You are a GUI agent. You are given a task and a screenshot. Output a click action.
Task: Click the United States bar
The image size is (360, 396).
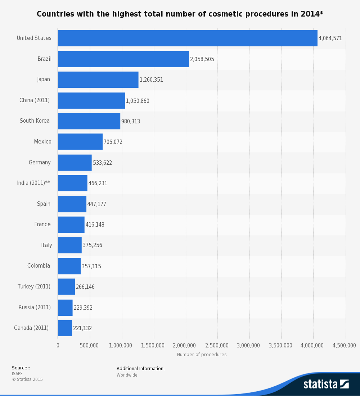pyautogui.click(x=188, y=38)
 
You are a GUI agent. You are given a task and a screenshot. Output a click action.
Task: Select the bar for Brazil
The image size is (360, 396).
pyautogui.click(x=123, y=59)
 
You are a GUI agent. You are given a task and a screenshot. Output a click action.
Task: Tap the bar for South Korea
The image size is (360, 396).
pyautogui.click(x=89, y=121)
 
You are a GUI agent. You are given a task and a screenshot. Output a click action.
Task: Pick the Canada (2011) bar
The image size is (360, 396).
pyautogui.click(x=65, y=328)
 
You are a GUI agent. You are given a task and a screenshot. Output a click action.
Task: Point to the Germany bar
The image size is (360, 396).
pyautogui.click(x=75, y=163)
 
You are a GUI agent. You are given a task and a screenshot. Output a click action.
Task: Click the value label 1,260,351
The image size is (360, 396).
pyautogui.click(x=151, y=80)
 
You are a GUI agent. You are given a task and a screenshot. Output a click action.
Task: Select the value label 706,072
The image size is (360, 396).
pyautogui.click(x=113, y=142)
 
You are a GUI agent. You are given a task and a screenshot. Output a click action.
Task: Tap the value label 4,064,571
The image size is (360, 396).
pyautogui.click(x=330, y=38)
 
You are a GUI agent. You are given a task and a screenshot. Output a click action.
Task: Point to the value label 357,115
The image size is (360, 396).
pyautogui.click(x=91, y=267)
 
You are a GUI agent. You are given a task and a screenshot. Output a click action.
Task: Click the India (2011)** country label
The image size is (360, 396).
pyautogui.click(x=33, y=183)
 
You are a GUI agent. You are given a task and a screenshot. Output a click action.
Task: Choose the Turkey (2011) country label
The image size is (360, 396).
pyautogui.click(x=34, y=287)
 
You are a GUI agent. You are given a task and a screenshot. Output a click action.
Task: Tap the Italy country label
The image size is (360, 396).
pyautogui.click(x=46, y=245)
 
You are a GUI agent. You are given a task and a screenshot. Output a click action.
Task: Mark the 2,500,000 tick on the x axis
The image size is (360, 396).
pyautogui.click(x=218, y=346)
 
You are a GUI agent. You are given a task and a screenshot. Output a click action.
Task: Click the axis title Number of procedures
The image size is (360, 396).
pyautogui.click(x=202, y=355)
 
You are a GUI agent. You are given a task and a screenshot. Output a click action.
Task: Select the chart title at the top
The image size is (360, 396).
pyautogui.click(x=180, y=14)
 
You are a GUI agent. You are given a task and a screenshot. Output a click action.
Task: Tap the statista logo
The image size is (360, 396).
pyautogui.click(x=326, y=384)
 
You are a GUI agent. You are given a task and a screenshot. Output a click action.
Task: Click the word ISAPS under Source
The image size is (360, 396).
pyautogui.click(x=17, y=374)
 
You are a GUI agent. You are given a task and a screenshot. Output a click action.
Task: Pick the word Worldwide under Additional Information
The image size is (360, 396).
pyautogui.click(x=127, y=375)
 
